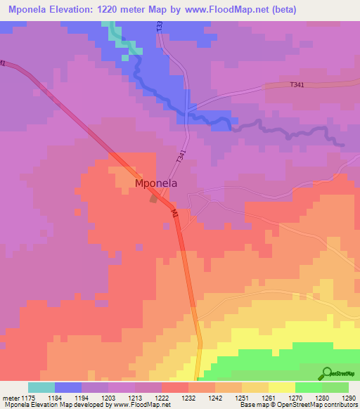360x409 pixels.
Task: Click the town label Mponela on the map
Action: point(155,183)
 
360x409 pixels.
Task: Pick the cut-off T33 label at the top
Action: point(160,25)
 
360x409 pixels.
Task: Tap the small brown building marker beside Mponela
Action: point(153,199)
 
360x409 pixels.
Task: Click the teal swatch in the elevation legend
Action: point(41,387)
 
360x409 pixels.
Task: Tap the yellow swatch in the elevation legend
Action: point(282,387)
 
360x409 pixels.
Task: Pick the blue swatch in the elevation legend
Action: point(68,387)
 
